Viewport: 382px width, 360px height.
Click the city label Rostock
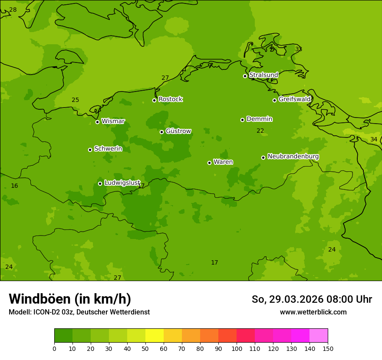pos(170,99)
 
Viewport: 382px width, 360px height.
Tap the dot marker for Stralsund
pos(245,76)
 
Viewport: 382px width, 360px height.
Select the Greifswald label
pos(294,99)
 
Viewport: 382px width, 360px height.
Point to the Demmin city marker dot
pos(242,120)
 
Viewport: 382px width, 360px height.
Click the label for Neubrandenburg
pos(293,157)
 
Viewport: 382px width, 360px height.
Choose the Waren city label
pos(223,162)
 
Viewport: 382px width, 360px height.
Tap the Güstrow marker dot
pos(161,132)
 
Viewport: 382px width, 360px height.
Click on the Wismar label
pos(113,121)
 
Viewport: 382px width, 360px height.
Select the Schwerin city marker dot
pos(90,150)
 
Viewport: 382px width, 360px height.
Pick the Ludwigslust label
pos(122,183)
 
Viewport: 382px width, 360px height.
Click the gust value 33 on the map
pos(299,49)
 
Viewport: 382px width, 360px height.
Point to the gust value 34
pos(374,139)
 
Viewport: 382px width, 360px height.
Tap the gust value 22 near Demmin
pos(260,131)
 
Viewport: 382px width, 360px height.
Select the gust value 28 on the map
pos(13,10)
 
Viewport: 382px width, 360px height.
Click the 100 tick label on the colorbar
pos(237,348)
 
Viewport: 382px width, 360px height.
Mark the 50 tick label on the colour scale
pos(145,348)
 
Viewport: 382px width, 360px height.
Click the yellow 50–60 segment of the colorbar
pos(155,336)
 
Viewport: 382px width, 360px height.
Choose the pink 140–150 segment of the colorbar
pos(319,336)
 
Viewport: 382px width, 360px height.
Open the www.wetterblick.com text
pos(313,312)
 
